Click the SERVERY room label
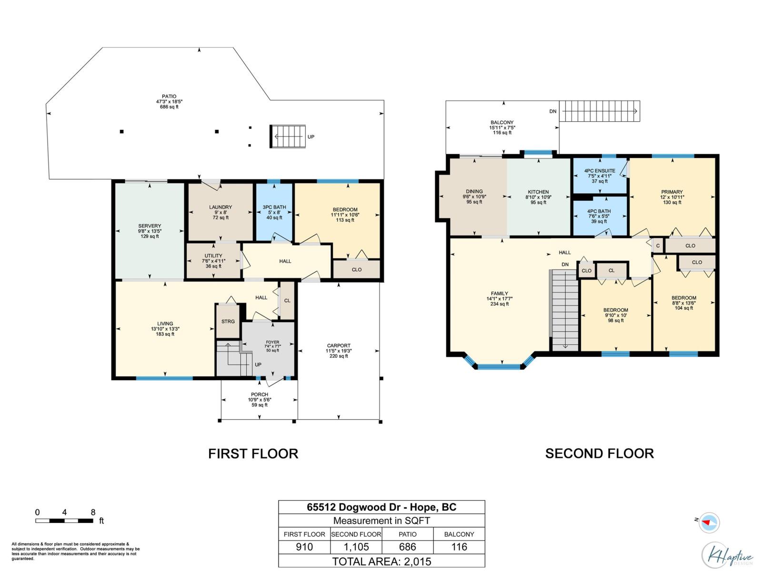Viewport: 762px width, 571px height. coord(150,226)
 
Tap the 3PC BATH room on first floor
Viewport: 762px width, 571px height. coord(274,212)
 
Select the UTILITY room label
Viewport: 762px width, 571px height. coord(213,256)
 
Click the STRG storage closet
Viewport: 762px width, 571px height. coord(228,321)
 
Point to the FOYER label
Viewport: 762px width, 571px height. coord(272,342)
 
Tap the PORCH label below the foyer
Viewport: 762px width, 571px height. coord(259,394)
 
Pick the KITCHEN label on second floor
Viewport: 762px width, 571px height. coord(538,192)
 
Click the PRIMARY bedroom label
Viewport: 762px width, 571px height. coord(672,192)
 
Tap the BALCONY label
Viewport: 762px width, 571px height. coord(502,122)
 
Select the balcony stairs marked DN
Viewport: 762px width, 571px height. coord(599,111)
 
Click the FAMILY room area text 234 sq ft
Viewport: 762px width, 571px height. coord(499,304)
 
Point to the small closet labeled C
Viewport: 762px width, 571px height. coord(658,246)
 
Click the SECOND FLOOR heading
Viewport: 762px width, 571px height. coord(599,453)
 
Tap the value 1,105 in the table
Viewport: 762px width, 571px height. coord(356,547)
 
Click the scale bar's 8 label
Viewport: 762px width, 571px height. coord(93,512)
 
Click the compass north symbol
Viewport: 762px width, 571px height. coord(709,522)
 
